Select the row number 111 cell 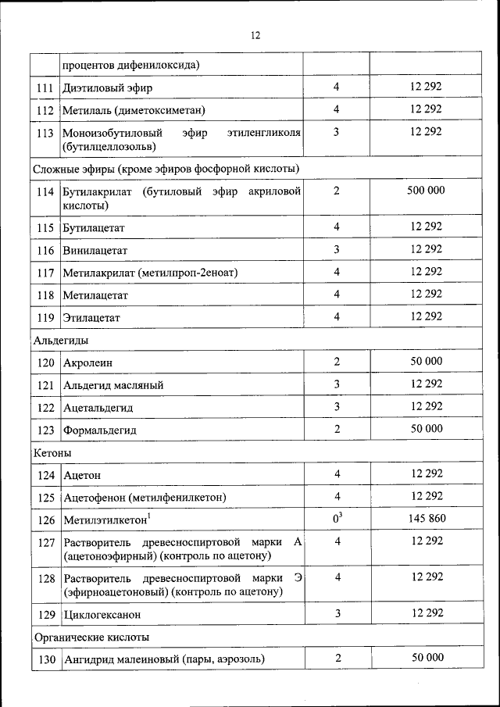(x=45, y=87)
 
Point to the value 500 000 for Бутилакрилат (x=426, y=191)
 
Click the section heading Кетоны (x=53, y=452)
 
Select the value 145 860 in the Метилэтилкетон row (x=426, y=519)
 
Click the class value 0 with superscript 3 (x=337, y=519)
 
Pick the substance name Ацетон (x=82, y=475)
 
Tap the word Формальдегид (x=100, y=430)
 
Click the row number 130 (x=45, y=659)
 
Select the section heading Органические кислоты (x=90, y=637)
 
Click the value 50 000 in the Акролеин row (x=426, y=361)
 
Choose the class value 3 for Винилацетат (x=337, y=249)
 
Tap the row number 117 (x=45, y=273)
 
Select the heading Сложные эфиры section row (x=166, y=168)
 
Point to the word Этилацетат (x=92, y=318)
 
